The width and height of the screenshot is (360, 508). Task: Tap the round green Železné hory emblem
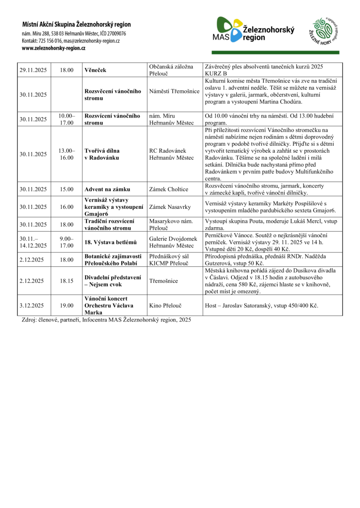click(x=325, y=32)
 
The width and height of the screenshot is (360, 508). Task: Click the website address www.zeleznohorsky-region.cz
click(x=54, y=48)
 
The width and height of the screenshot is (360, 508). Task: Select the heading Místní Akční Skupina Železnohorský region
click(x=76, y=24)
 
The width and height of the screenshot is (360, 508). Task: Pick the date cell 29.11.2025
click(x=33, y=70)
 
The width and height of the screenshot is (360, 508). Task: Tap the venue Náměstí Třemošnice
click(x=174, y=91)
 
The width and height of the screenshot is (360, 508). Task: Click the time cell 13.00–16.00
click(x=67, y=154)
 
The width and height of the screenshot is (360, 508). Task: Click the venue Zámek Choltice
click(x=169, y=189)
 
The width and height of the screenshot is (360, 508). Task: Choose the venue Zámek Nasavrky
click(x=170, y=207)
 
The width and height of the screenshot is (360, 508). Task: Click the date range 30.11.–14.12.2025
click(x=33, y=242)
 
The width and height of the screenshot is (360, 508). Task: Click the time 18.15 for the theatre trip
click(x=67, y=281)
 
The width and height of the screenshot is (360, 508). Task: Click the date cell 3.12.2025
click(x=32, y=306)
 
